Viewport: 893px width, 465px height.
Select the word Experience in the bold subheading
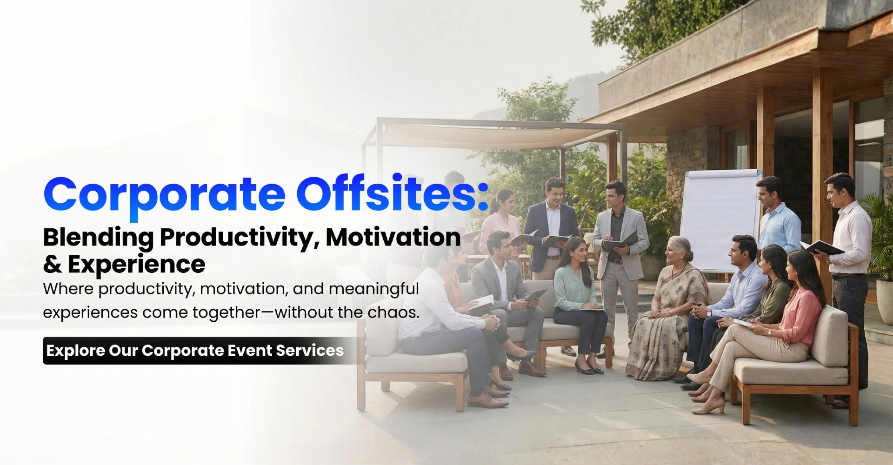point(136,265)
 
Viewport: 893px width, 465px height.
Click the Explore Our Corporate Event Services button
point(195,350)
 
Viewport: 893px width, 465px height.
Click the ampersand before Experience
point(52,265)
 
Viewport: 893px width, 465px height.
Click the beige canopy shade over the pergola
point(493,135)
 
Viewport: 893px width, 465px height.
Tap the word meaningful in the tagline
point(374,289)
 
